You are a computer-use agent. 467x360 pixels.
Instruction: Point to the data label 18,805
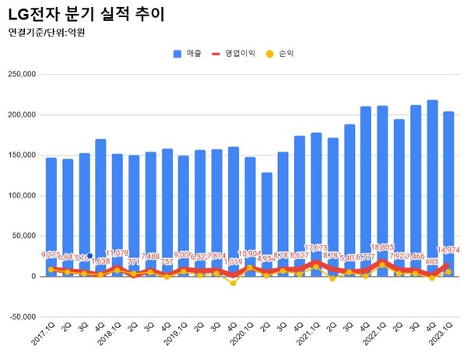382,247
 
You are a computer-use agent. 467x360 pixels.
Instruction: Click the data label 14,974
450,250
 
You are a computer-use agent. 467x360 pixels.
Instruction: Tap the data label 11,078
116,253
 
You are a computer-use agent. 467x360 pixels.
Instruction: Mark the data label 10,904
250,253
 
